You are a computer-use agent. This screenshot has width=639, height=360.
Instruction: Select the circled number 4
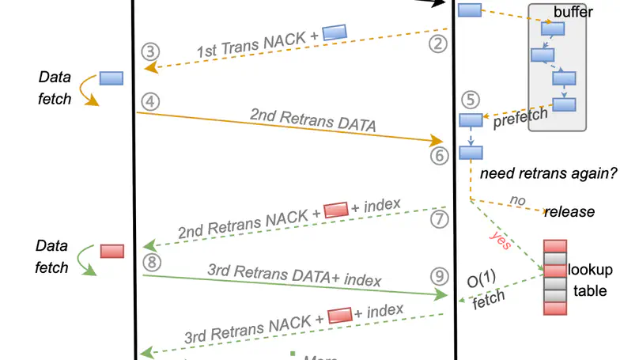(x=150, y=101)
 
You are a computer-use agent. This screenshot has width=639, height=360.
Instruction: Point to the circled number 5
(x=471, y=100)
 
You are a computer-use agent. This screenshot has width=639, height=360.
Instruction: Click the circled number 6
(x=440, y=156)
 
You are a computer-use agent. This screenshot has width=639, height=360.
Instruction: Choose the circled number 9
(x=440, y=276)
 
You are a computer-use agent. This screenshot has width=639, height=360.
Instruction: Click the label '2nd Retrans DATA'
(x=312, y=119)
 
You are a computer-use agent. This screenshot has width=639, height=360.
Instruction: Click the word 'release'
(x=569, y=212)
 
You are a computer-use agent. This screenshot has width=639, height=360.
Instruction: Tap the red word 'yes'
(x=500, y=240)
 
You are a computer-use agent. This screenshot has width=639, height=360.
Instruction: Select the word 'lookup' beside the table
(x=590, y=271)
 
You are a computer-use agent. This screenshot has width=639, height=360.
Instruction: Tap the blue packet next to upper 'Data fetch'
(x=112, y=78)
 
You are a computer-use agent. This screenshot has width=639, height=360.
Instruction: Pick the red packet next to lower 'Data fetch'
(x=112, y=251)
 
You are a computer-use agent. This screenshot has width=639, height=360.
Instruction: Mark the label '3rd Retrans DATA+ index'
(x=294, y=275)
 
